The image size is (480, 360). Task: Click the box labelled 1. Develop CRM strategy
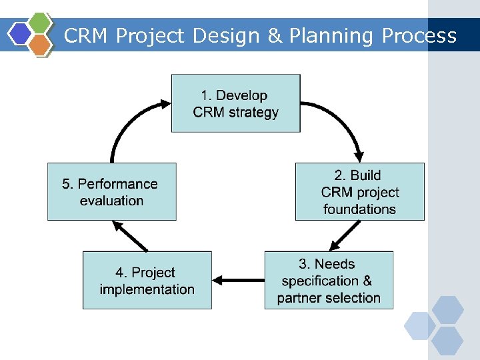(x=235, y=103)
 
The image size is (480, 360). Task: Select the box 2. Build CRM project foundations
(x=359, y=191)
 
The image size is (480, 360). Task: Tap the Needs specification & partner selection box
(x=329, y=280)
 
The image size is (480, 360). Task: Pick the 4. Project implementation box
(x=147, y=280)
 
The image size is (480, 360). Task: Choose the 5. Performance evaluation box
(x=111, y=191)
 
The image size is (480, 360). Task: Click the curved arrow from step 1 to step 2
(x=343, y=120)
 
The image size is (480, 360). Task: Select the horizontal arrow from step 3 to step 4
(x=238, y=281)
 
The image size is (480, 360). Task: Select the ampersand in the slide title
(x=275, y=36)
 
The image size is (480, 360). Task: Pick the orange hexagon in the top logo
(x=41, y=44)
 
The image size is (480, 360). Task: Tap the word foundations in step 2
(x=359, y=209)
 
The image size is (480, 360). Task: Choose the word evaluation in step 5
(x=111, y=200)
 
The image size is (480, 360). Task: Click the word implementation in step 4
(x=147, y=289)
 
